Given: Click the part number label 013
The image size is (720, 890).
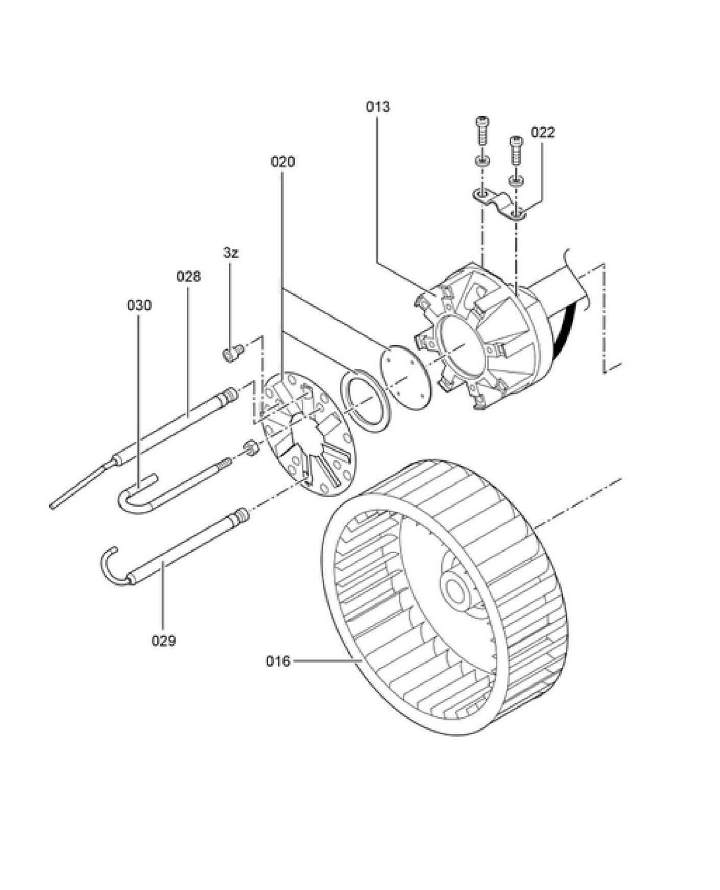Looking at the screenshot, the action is pos(377,107).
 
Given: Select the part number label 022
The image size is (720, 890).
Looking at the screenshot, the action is pos(542,132).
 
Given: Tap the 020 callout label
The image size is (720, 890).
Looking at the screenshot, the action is pos(282,161).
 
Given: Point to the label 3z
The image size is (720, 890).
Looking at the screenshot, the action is pos(231,252).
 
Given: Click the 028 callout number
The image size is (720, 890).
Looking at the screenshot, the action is pos(188,276).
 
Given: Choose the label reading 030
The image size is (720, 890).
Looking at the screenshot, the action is pos(139,305).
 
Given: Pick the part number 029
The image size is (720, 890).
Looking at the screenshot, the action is pos(163,640).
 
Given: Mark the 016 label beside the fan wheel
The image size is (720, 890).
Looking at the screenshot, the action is pos(278,661).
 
